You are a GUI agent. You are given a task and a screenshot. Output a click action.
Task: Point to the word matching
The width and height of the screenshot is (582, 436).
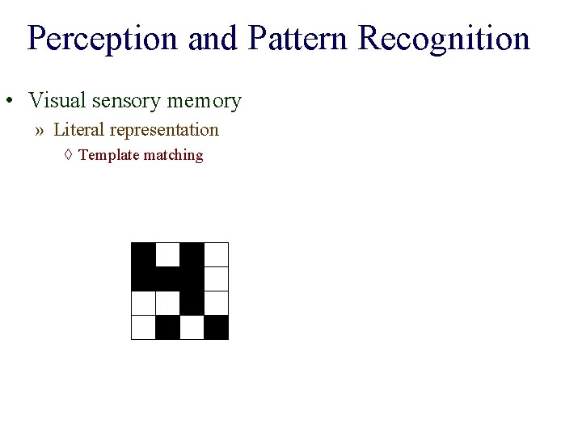point(173,155)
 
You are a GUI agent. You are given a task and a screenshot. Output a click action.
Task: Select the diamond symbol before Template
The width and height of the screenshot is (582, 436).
point(68,155)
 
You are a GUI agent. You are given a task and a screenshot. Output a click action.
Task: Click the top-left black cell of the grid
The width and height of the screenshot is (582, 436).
point(143,254)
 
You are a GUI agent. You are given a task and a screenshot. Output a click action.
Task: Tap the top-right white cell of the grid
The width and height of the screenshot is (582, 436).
point(216,254)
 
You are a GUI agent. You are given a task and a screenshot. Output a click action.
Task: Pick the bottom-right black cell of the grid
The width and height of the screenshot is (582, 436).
point(216,327)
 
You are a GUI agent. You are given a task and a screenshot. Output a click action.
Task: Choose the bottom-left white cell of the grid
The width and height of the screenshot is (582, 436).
point(143,327)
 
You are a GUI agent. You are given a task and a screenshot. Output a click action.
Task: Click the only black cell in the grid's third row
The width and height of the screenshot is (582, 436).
point(192,303)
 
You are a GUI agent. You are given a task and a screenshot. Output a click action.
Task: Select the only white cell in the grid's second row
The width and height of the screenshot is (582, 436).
point(216,279)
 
